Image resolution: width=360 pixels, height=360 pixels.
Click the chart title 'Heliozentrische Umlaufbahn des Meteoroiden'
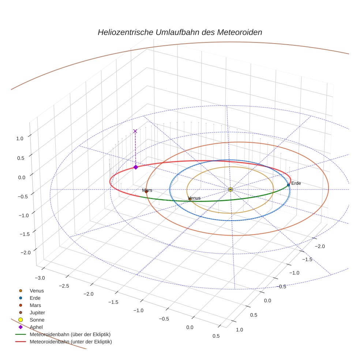[180, 32]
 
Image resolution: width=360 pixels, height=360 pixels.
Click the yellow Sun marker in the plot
[230, 189]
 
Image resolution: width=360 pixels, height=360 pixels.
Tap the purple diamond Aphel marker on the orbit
[136, 167]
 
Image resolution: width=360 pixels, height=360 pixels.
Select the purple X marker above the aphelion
[135, 131]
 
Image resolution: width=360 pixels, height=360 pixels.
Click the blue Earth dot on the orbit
[288, 185]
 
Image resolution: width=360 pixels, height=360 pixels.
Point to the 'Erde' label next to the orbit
[296, 183]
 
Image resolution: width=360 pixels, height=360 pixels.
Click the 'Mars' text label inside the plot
[147, 190]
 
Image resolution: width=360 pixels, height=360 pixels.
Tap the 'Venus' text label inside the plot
[194, 198]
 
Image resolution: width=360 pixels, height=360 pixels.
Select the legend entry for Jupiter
[37, 312]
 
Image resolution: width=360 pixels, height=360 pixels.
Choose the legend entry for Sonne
[37, 320]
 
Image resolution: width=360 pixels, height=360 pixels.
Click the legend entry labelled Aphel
[36, 327]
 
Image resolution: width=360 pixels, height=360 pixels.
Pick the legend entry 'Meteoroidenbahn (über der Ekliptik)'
[70, 334]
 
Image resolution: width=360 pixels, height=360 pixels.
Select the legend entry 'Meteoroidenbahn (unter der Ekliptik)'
[71, 342]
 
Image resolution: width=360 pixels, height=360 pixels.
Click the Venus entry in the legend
[37, 290]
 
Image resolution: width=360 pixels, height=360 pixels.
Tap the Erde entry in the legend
[35, 298]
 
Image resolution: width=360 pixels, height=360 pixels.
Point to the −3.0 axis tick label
[39, 278]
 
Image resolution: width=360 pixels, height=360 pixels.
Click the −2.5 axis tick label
[63, 285]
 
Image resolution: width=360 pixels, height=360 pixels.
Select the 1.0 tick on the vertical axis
[20, 139]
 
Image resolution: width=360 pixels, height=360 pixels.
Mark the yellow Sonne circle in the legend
[20, 320]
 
